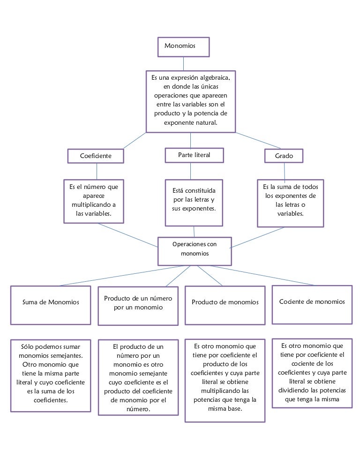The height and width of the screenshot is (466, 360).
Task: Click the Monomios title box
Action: tap(183, 47)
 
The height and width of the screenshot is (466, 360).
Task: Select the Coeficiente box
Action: tap(96, 156)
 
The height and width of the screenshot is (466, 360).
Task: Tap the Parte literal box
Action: tap(194, 155)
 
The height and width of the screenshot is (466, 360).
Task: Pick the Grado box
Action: tap(284, 156)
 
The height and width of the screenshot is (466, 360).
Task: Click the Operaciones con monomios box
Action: tap(195, 251)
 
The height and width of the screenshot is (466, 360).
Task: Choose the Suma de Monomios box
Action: tap(51, 305)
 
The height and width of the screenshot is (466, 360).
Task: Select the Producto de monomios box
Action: tap(225, 306)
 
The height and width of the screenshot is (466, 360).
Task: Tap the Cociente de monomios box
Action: tap(312, 305)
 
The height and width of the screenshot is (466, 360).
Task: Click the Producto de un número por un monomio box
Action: tap(138, 306)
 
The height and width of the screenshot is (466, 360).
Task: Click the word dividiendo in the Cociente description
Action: tap(293, 390)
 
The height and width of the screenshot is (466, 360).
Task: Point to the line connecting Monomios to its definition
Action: tap(183, 64)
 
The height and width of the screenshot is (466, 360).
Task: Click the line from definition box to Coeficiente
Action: tap(135, 141)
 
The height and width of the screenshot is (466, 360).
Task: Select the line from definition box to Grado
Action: tap(258, 141)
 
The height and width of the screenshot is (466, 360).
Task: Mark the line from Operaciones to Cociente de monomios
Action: tap(262, 276)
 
